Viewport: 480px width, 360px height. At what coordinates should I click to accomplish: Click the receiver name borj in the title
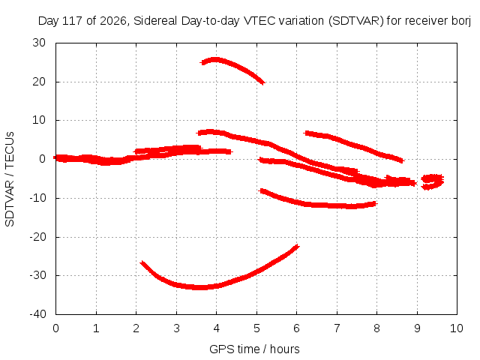click(461, 22)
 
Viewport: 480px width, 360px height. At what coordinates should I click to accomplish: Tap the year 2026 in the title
click(114, 21)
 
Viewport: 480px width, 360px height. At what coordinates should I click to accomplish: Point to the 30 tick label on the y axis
click(39, 43)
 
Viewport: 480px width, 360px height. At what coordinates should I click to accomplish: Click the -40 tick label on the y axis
click(38, 314)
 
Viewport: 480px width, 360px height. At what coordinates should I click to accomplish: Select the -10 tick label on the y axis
click(38, 198)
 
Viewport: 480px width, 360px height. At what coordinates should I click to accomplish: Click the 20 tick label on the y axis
click(39, 82)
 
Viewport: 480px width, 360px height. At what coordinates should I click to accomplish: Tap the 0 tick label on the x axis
click(55, 328)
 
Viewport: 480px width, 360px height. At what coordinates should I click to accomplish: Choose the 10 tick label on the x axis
click(457, 328)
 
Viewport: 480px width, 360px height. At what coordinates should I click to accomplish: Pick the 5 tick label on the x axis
click(256, 328)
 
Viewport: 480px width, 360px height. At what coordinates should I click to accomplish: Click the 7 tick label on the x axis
click(337, 328)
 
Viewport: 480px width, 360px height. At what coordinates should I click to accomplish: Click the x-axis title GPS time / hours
click(254, 349)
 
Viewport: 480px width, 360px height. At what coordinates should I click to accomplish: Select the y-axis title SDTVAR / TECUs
click(10, 179)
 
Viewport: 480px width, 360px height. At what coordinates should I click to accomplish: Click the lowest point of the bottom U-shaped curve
click(199, 287)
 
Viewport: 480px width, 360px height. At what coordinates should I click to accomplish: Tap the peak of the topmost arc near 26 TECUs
click(215, 59)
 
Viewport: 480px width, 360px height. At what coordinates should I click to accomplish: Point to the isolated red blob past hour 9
click(432, 181)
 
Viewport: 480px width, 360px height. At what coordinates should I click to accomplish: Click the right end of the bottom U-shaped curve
click(298, 246)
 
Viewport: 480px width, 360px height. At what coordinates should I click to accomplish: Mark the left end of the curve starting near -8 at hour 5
click(260, 190)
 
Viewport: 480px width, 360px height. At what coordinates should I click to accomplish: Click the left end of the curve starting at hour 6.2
click(306, 133)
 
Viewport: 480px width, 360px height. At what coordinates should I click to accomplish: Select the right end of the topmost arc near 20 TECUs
click(263, 83)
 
